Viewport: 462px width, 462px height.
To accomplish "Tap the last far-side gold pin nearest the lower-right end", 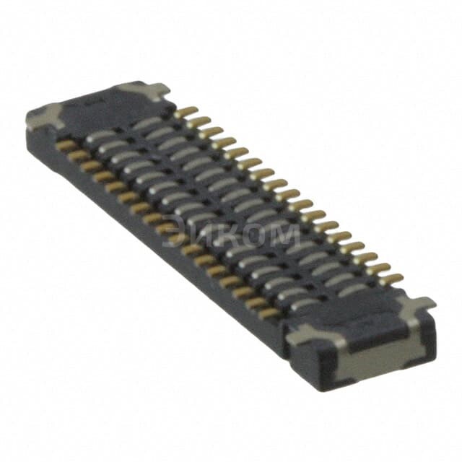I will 394,278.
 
